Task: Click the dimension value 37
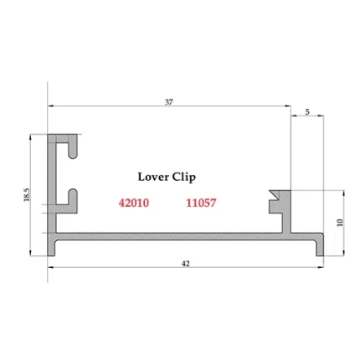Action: tap(169, 101)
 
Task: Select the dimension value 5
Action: tap(307, 111)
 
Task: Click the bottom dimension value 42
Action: tap(186, 263)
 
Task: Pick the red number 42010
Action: tap(134, 203)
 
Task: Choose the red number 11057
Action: tap(200, 203)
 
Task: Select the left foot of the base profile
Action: tap(54, 249)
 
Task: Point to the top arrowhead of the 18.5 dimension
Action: tap(32, 136)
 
